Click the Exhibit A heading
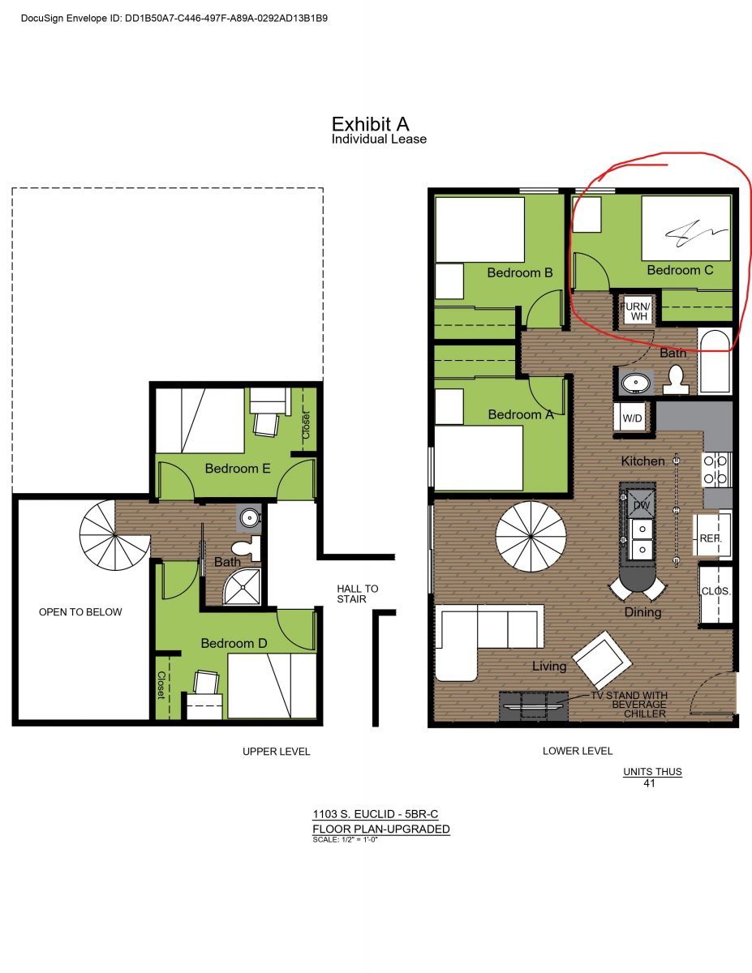[370, 124]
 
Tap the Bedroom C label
[680, 270]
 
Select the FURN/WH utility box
[635, 311]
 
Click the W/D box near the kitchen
[633, 418]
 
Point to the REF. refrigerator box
[712, 537]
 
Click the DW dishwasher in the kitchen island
[640, 504]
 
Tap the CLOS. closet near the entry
[715, 592]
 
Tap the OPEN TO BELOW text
[80, 612]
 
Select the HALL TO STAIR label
[358, 594]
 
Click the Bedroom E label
[238, 468]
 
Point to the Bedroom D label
[234, 643]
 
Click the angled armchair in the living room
[602, 661]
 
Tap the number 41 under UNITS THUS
[649, 783]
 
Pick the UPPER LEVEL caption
[276, 752]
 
